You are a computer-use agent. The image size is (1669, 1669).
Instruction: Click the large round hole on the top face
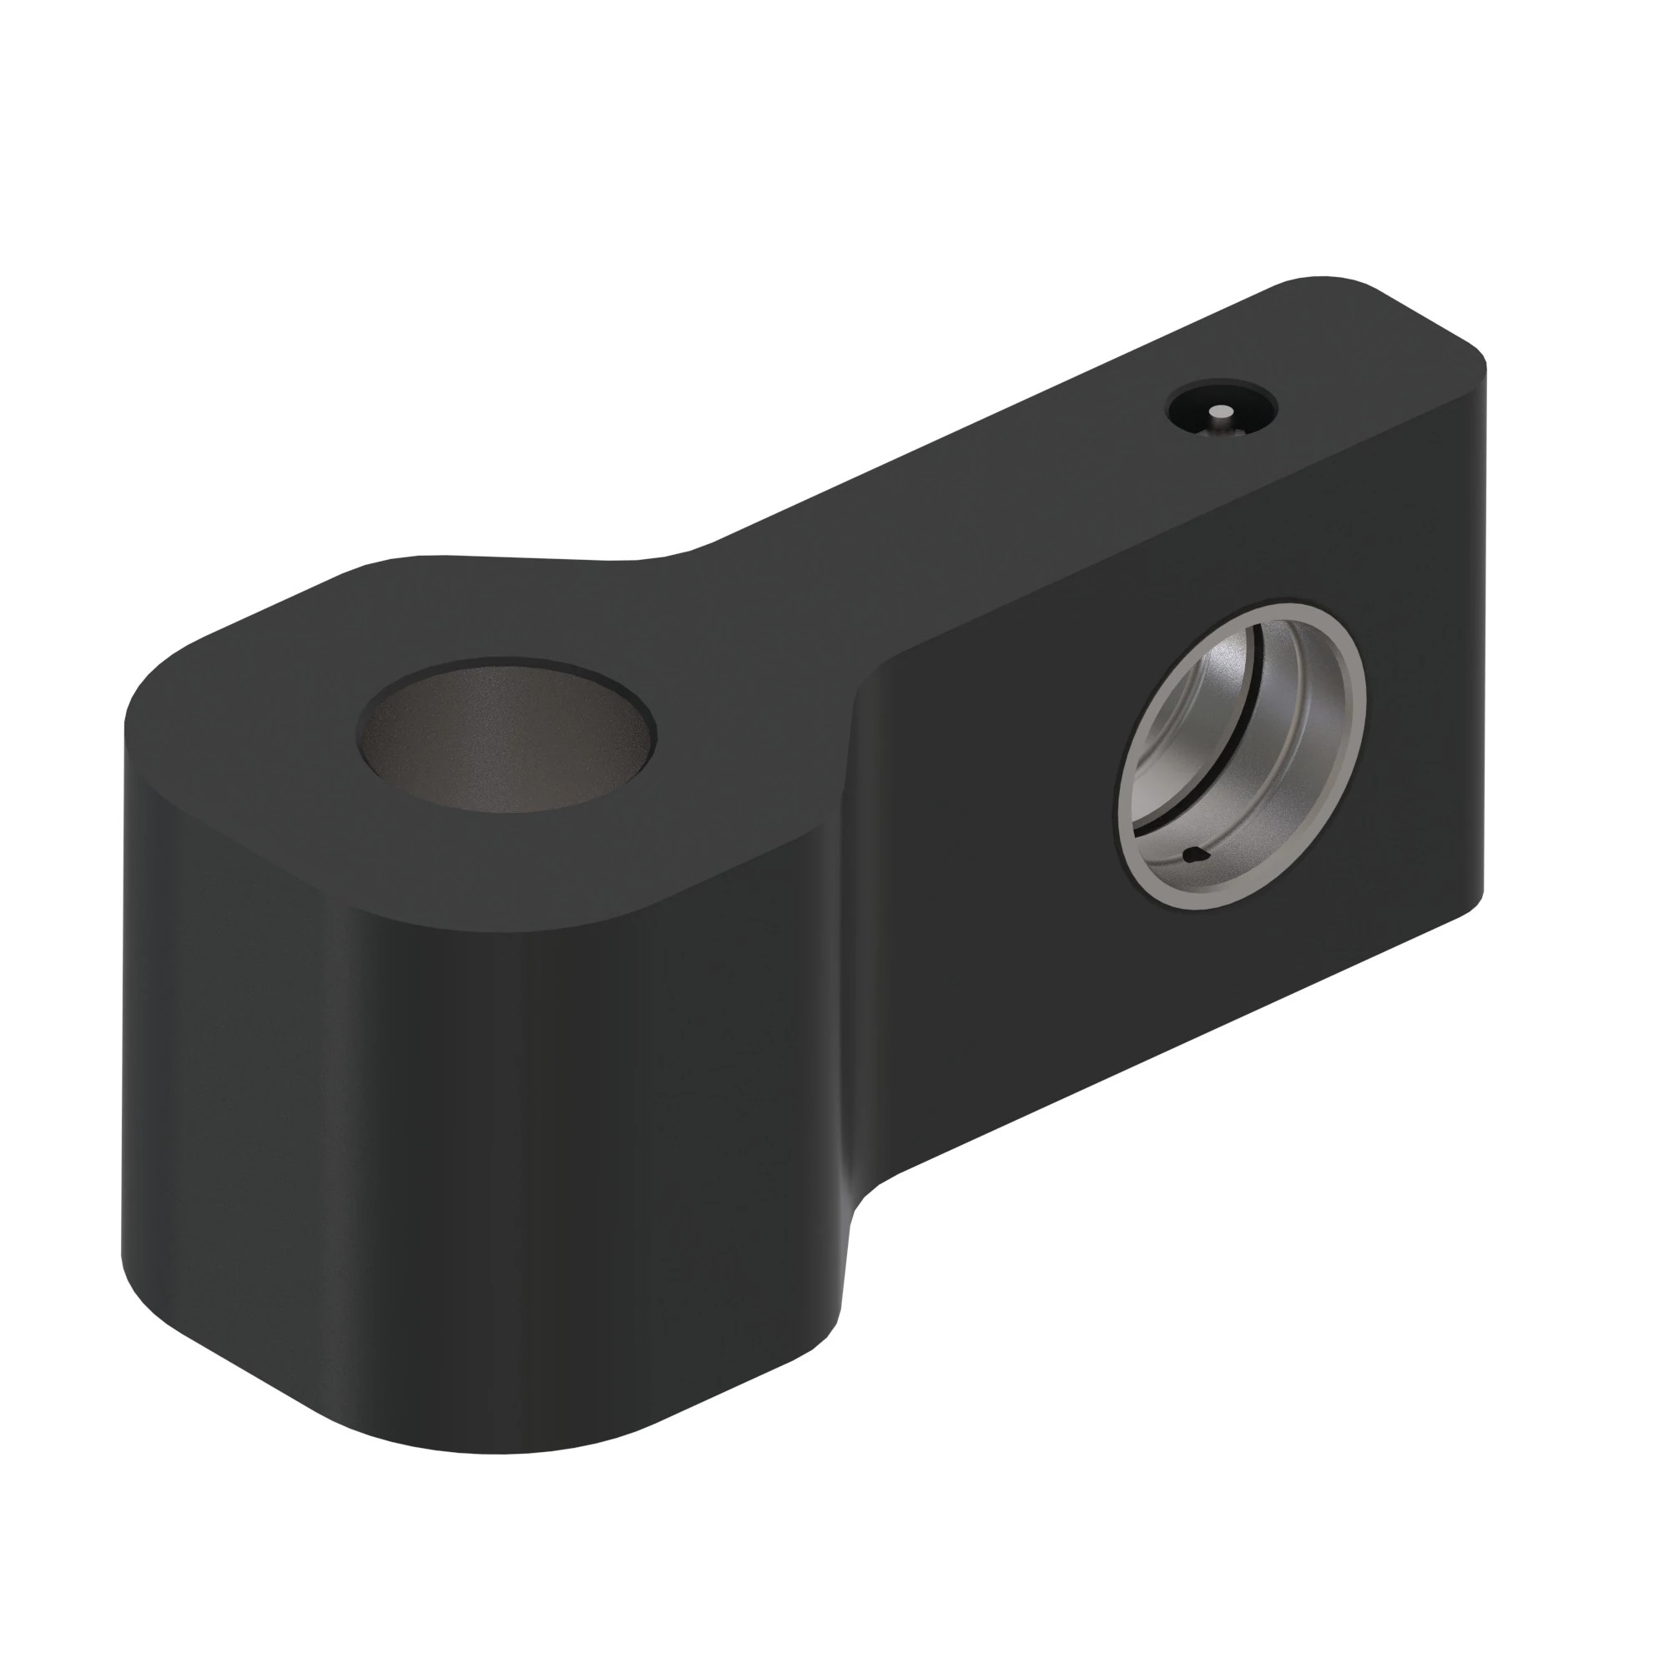(508, 739)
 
